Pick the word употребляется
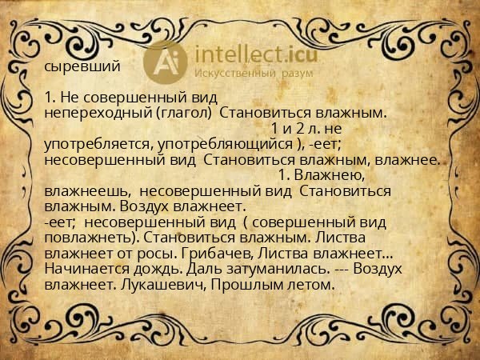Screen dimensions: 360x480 tap(98, 143)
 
